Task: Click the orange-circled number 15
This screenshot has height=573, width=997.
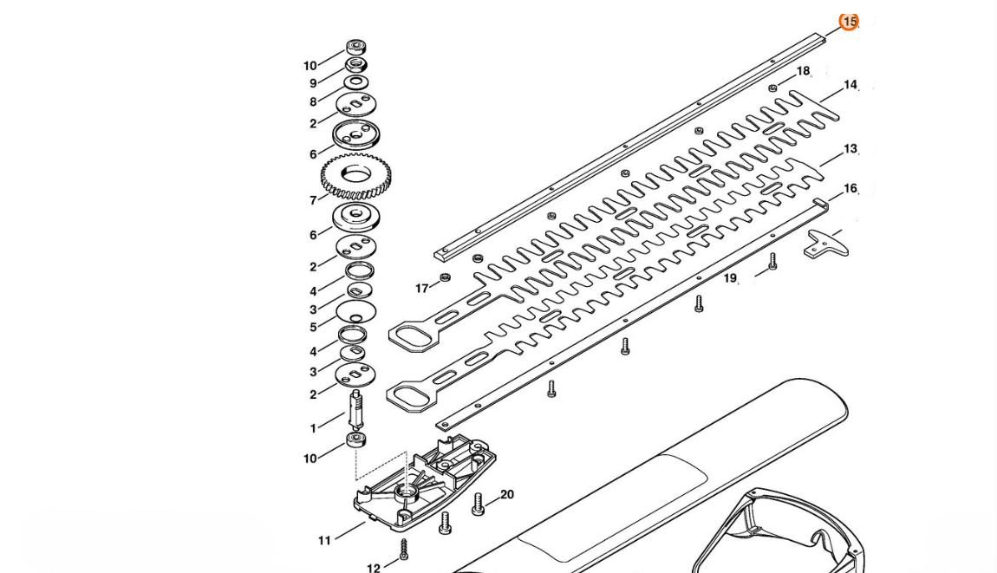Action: point(849,22)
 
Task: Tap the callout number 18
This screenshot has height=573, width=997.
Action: point(803,71)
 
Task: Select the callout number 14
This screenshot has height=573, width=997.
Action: point(850,85)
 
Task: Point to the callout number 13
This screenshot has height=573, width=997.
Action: point(850,149)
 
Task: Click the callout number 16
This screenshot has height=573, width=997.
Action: point(850,188)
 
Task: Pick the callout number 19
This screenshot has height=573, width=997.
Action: point(730,278)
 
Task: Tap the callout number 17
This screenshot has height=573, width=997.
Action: point(422,289)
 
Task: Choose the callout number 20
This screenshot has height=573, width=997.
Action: point(507,494)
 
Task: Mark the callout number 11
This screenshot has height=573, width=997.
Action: point(324,540)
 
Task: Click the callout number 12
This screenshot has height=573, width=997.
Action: point(374,569)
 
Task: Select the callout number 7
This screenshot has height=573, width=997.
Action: point(313,200)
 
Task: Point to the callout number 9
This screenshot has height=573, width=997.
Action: point(313,83)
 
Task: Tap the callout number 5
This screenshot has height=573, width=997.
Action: point(313,327)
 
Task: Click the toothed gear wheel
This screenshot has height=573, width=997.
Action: point(356,177)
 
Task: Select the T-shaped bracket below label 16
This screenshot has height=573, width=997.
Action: point(825,243)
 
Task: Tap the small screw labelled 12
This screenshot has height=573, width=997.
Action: point(403,548)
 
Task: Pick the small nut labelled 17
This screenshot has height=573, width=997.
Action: point(446,277)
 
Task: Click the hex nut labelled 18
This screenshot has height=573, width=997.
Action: point(772,88)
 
